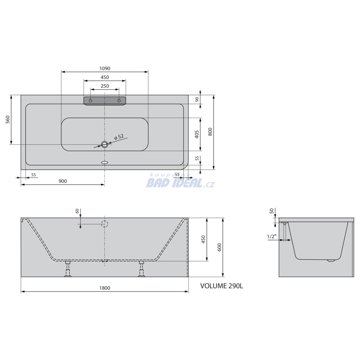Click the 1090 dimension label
click(105, 69)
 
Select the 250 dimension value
click(105, 86)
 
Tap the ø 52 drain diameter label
click(119, 137)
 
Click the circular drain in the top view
click(105, 144)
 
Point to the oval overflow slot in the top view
click(105, 162)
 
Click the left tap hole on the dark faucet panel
click(90, 101)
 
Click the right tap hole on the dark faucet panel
click(119, 101)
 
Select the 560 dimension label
click(8, 120)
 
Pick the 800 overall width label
click(210, 132)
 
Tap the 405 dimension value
click(197, 135)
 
